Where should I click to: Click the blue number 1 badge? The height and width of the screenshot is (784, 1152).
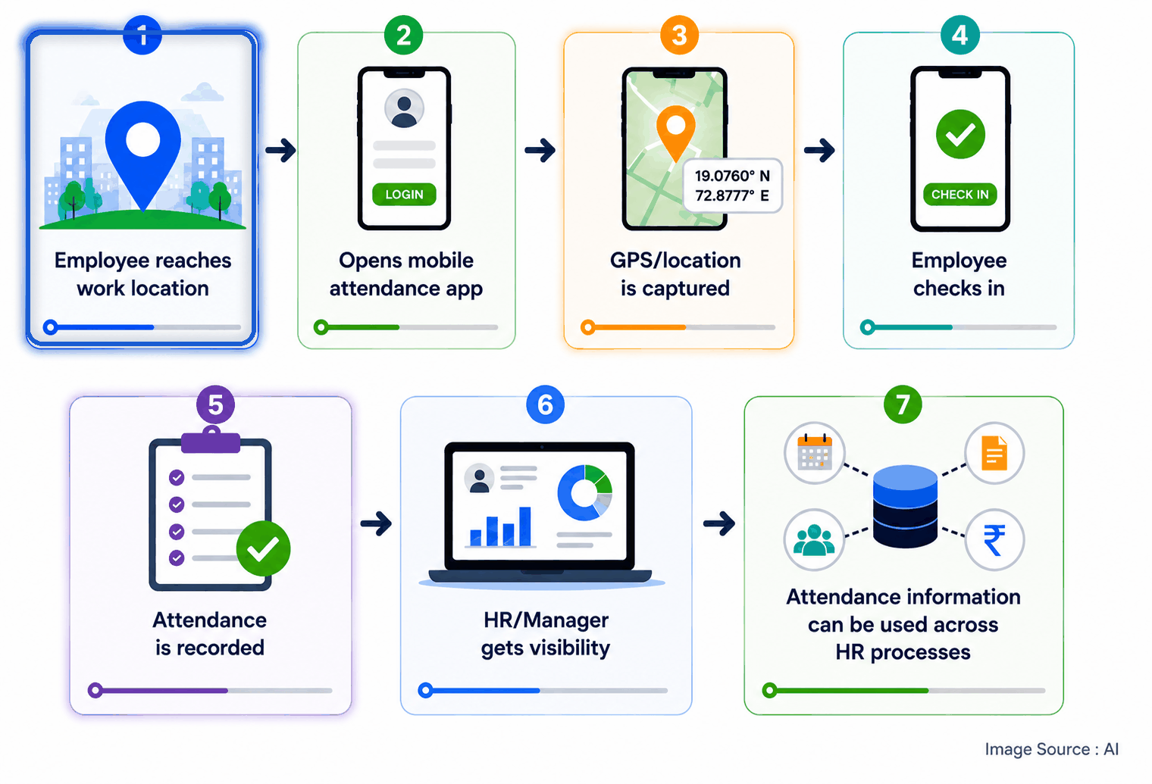click(142, 35)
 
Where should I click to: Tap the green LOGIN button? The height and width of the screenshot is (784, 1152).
click(404, 195)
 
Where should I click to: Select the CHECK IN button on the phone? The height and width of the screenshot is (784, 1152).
click(959, 195)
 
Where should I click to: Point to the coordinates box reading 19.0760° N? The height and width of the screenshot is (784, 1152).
click(732, 186)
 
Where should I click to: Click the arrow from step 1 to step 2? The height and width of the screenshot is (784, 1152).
click(280, 150)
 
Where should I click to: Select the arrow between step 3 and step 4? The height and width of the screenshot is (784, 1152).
click(819, 150)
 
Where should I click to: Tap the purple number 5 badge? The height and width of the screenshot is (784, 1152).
click(215, 404)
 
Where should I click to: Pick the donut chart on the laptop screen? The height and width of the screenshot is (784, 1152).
click(585, 492)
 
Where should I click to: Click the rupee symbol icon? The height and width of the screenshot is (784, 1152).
click(994, 540)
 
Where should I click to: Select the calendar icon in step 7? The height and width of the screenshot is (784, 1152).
click(814, 453)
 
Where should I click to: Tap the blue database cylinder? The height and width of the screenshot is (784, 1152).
click(905, 506)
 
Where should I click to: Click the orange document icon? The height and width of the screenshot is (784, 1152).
click(994, 453)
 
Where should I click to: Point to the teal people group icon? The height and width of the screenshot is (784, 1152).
click(814, 540)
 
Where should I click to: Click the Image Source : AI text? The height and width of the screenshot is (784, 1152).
click(1052, 749)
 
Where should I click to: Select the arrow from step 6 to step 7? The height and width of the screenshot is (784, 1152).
click(719, 523)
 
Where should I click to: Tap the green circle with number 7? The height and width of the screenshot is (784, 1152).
click(903, 404)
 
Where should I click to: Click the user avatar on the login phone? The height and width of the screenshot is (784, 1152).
click(404, 108)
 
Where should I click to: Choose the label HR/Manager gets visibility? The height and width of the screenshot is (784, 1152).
click(546, 634)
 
